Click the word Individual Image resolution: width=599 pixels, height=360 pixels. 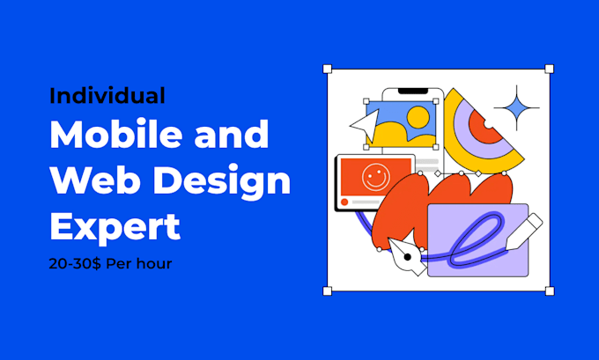pyautogui.click(x=107, y=95)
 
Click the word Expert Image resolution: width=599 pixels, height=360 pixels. pyautogui.click(x=115, y=227)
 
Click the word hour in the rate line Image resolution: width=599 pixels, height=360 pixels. pyautogui.click(x=152, y=264)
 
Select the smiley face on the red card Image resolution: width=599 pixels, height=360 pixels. pyautogui.click(x=376, y=178)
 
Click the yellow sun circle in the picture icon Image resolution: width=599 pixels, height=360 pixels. pyautogui.click(x=418, y=116)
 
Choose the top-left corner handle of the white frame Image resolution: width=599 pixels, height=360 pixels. pyautogui.click(x=328, y=69)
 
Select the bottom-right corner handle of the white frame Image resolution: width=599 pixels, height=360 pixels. pyautogui.click(x=549, y=290)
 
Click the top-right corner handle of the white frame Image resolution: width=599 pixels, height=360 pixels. pyautogui.click(x=549, y=69)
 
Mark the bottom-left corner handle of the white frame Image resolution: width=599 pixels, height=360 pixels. pyautogui.click(x=328, y=290)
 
